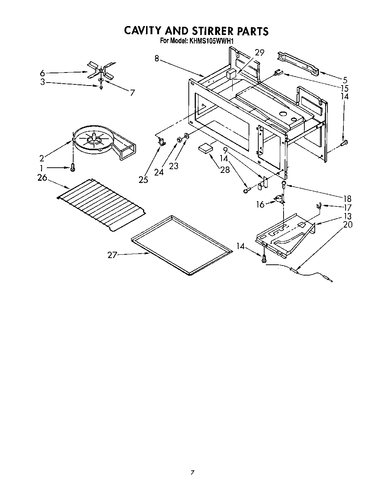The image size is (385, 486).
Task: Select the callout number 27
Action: pyautogui.click(x=112, y=255)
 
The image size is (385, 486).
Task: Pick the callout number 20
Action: pyautogui.click(x=347, y=225)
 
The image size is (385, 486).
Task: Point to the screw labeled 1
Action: pyautogui.click(x=73, y=168)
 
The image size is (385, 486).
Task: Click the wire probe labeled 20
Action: pyautogui.click(x=312, y=275)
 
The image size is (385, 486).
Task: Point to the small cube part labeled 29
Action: pyautogui.click(x=232, y=73)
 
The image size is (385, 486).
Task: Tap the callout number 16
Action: pyautogui.click(x=261, y=204)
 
